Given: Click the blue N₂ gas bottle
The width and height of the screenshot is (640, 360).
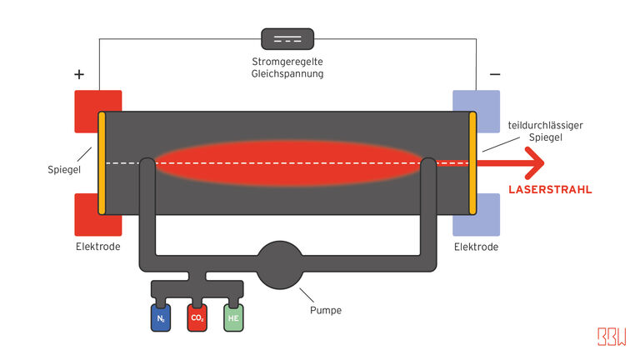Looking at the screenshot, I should pyautogui.click(x=161, y=317).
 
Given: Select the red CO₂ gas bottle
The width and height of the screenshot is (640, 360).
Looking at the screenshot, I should pyautogui.click(x=197, y=317).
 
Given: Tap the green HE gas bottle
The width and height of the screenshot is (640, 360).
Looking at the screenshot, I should pyautogui.click(x=234, y=317).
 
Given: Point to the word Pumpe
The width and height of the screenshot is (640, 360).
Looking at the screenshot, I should pyautogui.click(x=326, y=311).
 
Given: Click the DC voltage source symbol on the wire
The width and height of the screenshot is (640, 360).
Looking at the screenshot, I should pyautogui.click(x=287, y=38).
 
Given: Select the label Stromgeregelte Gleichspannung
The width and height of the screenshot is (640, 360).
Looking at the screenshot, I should pyautogui.click(x=287, y=67).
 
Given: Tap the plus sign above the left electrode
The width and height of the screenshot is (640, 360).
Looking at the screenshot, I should pyautogui.click(x=79, y=74).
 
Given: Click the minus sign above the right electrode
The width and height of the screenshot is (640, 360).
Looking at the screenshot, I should pyautogui.click(x=495, y=74).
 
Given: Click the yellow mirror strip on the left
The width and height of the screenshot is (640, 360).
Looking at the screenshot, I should pyautogui.click(x=102, y=162).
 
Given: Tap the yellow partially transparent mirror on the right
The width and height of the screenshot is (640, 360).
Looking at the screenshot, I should pyautogui.click(x=472, y=162).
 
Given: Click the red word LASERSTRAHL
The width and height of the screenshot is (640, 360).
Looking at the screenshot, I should pyautogui.click(x=550, y=190).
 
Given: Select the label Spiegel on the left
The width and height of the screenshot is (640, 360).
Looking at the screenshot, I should pyautogui.click(x=63, y=170).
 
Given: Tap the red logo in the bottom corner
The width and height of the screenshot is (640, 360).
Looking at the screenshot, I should pyautogui.click(x=611, y=336).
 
